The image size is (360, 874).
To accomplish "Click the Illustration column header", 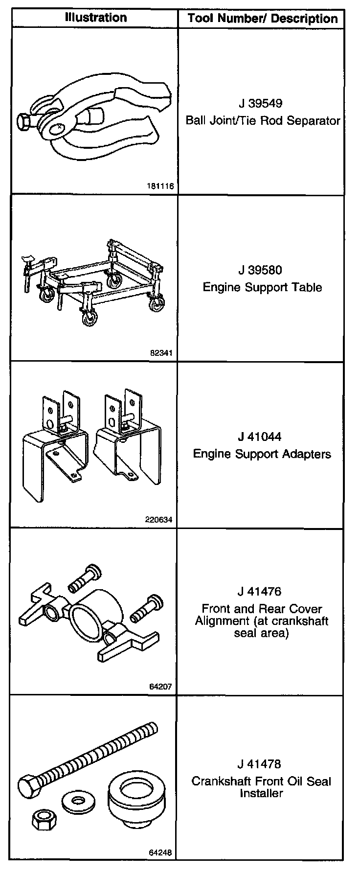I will (96, 18).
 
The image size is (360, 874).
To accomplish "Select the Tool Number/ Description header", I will (263, 19).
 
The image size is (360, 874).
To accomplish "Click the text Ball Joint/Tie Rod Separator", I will (263, 120).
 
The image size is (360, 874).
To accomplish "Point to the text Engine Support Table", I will (263, 287).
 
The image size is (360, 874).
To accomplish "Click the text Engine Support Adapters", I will (262, 454).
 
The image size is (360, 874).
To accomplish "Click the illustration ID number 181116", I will (159, 186).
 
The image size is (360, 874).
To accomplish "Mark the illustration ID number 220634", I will (159, 520).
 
